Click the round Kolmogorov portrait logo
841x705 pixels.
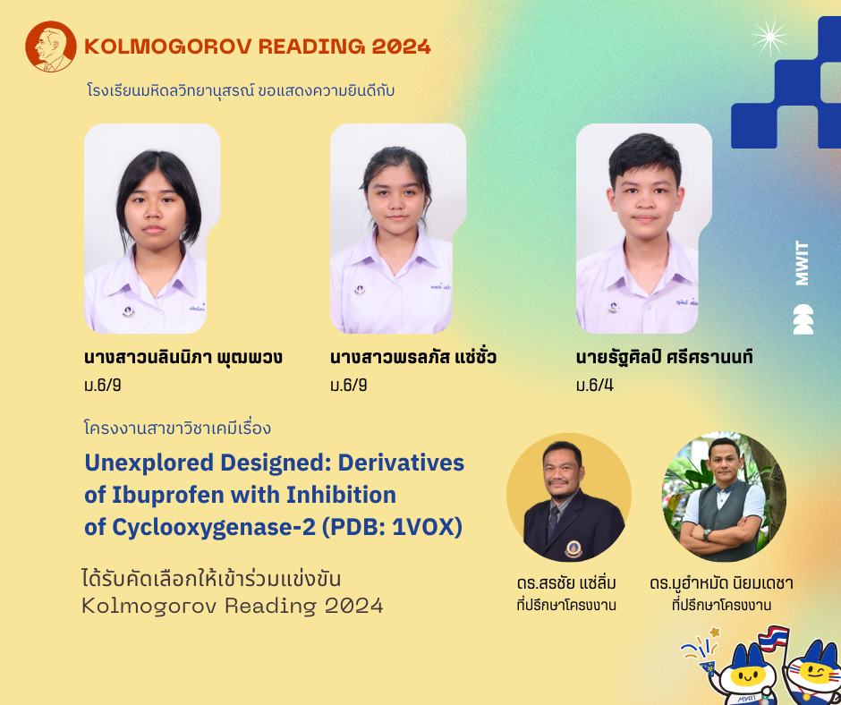pyautogui.click(x=50, y=47)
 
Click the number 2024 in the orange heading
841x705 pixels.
pyautogui.click(x=402, y=47)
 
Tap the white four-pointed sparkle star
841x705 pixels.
pyautogui.click(x=770, y=37)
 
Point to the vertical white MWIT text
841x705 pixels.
pyautogui.click(x=802, y=263)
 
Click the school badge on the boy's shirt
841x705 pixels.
pyautogui.click(x=614, y=307)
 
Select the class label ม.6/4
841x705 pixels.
pyautogui.click(x=594, y=385)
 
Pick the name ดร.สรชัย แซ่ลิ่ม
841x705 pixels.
pyautogui.click(x=567, y=582)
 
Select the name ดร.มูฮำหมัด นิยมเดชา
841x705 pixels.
pyautogui.click(x=721, y=582)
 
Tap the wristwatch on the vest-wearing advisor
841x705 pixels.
pyautogui.click(x=708, y=534)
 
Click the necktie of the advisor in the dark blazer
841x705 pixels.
pyautogui.click(x=553, y=521)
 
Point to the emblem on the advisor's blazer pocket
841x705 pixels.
pyautogui.click(x=573, y=548)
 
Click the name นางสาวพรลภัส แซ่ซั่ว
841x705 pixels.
pyautogui.click(x=413, y=357)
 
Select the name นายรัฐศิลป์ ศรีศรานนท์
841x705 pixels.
pyautogui.click(x=665, y=356)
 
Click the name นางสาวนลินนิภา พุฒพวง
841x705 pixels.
pyautogui.click(x=183, y=357)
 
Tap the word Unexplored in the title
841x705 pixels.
pyautogui.click(x=149, y=463)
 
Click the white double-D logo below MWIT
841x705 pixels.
pyautogui.click(x=803, y=319)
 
